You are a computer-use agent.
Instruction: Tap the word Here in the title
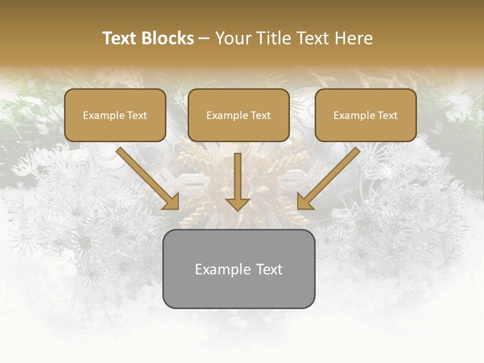click(353, 38)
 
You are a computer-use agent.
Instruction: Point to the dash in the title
click(204, 38)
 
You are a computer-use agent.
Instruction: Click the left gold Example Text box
click(115, 115)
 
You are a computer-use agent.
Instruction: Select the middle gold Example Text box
click(238, 115)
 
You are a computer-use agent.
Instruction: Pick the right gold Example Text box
click(366, 115)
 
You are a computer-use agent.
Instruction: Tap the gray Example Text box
click(238, 269)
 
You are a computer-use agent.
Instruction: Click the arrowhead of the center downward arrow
click(237, 204)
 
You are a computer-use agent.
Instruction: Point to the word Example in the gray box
click(222, 269)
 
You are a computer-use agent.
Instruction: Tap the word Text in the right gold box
click(387, 115)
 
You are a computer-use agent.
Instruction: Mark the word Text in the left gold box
click(137, 115)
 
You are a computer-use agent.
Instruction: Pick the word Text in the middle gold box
click(260, 115)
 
